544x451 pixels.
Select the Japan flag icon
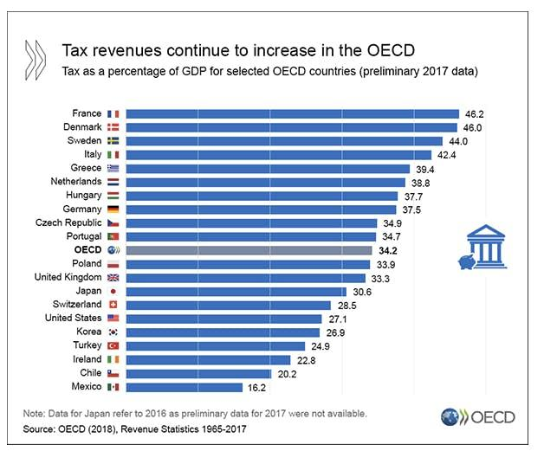click(113, 291)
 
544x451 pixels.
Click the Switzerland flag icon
click(113, 305)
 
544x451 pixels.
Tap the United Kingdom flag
click(113, 277)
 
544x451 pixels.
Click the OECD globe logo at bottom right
click(450, 417)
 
